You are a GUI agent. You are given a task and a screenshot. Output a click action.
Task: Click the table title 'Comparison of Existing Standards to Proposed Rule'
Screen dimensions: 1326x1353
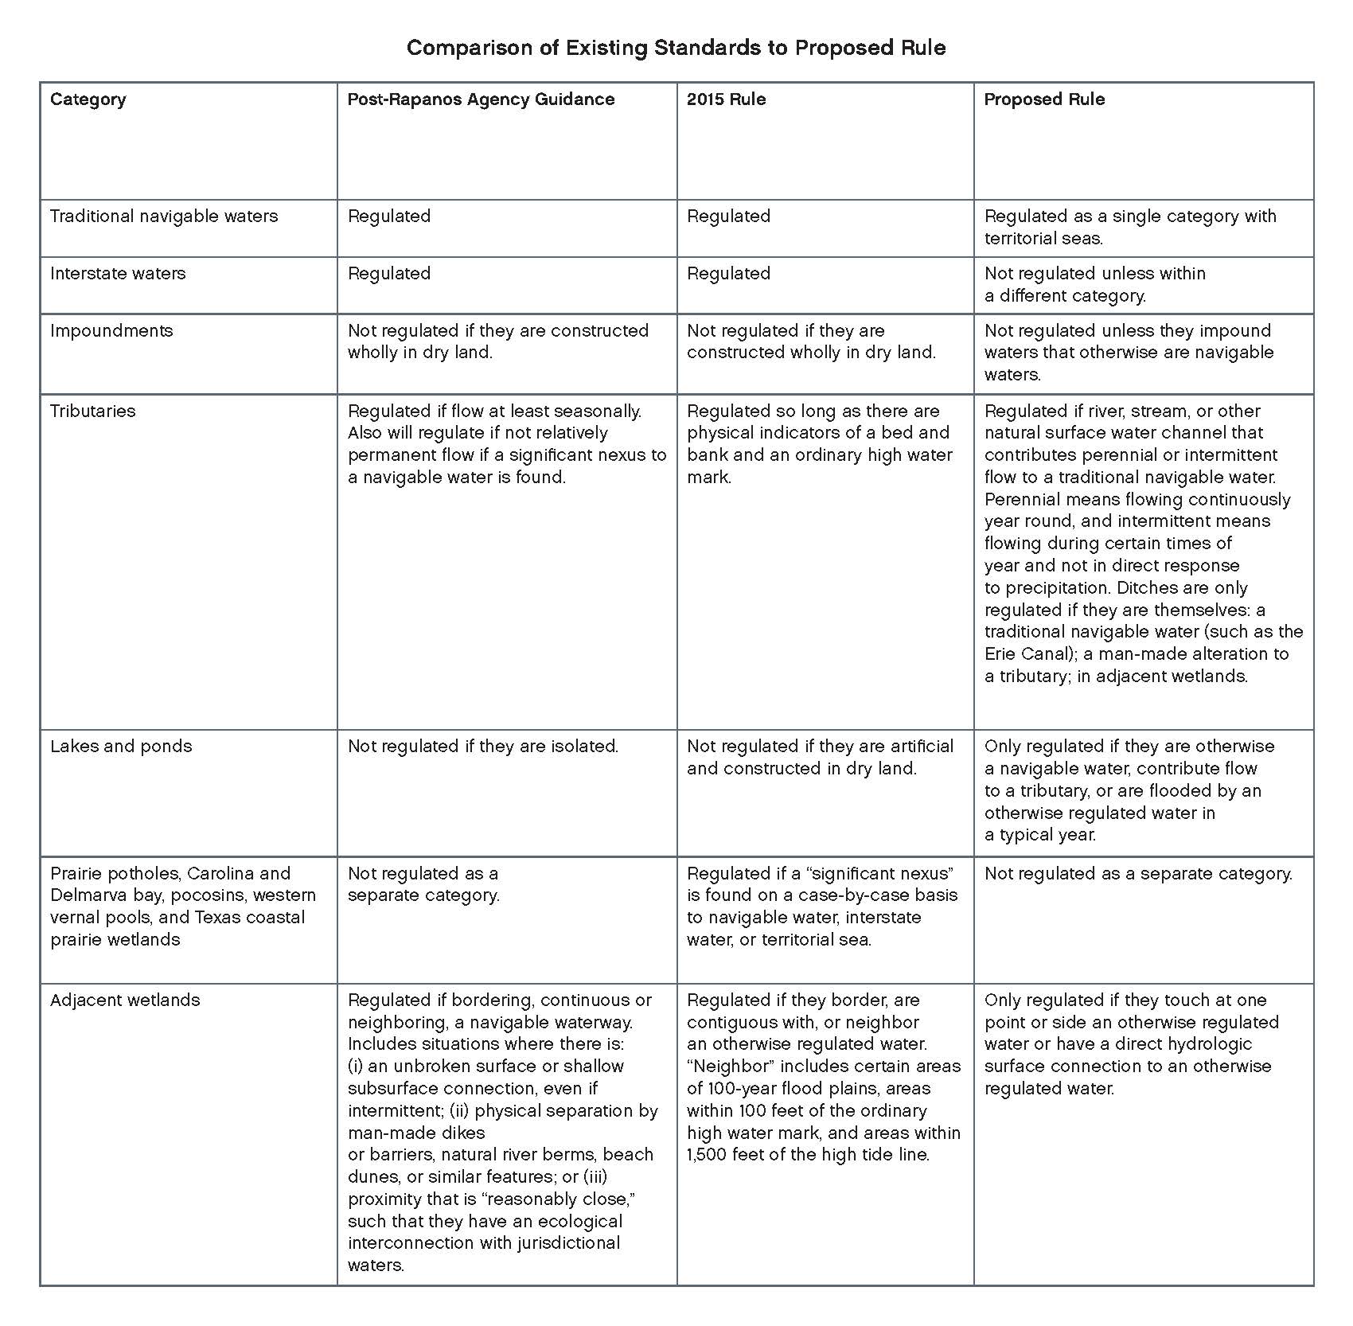coord(676,48)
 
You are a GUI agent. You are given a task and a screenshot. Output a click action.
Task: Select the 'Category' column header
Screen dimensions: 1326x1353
coord(88,99)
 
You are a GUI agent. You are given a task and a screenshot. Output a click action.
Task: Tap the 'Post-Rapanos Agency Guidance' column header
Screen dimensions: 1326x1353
coord(481,99)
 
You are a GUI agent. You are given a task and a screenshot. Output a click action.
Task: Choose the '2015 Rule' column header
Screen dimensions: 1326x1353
coord(726,99)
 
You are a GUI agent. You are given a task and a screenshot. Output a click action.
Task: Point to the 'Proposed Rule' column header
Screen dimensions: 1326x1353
coord(1044,99)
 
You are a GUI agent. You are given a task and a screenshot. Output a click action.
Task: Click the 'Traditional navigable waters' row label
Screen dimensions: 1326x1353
coord(164,216)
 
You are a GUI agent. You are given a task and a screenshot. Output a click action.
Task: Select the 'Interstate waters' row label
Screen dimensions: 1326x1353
coord(118,274)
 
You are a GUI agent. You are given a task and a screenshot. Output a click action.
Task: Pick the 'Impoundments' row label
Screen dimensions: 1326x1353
coord(111,331)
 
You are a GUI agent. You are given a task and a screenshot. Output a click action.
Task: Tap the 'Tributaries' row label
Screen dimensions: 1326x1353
coord(93,411)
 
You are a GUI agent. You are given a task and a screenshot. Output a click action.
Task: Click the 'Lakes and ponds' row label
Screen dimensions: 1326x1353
coord(121,747)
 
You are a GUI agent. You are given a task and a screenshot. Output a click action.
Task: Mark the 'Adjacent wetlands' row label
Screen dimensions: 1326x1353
coord(125,1000)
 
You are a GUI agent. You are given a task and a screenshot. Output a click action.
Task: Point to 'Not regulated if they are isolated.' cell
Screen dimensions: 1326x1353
coord(483,747)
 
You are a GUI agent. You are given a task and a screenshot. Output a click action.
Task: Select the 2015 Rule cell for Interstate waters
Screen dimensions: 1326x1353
coord(728,274)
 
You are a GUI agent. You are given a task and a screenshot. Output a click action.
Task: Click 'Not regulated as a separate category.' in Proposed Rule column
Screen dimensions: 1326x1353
coord(1138,874)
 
